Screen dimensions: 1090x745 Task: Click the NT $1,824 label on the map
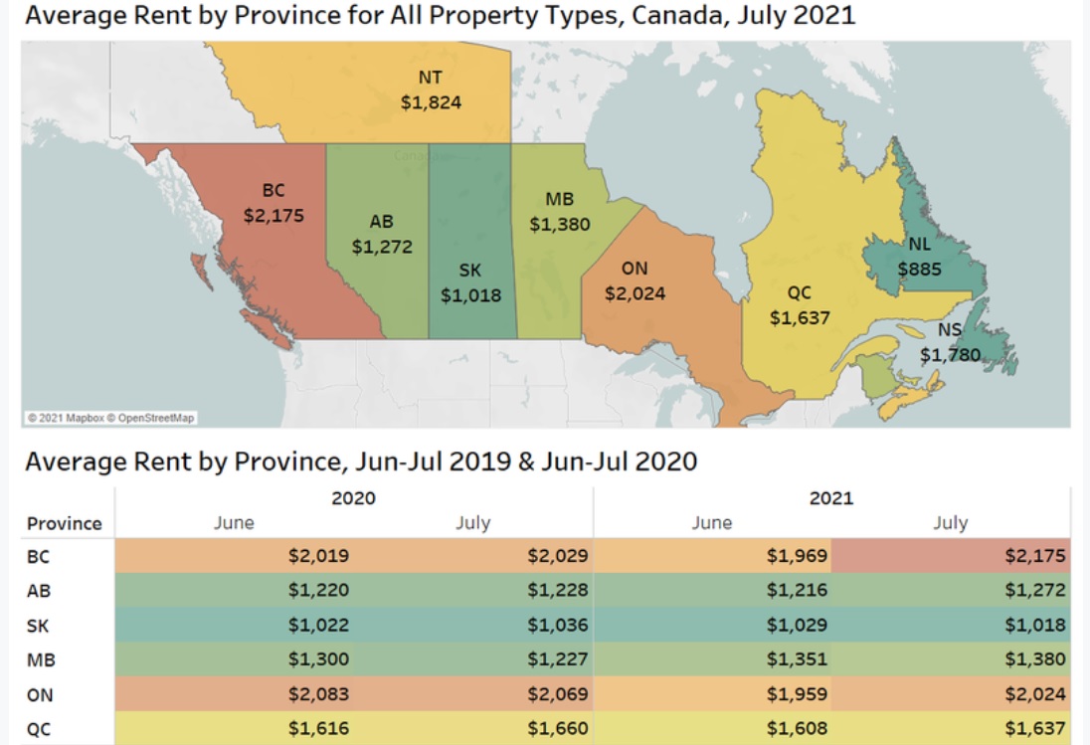point(431,90)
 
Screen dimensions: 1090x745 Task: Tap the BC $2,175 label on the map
point(273,203)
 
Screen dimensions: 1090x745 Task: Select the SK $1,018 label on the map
point(470,282)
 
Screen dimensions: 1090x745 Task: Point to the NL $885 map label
point(919,257)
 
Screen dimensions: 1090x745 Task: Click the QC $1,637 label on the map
point(800,305)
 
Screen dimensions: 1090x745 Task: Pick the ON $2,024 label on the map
point(635,280)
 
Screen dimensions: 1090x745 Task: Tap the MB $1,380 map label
point(560,211)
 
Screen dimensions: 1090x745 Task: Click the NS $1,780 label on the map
point(951,342)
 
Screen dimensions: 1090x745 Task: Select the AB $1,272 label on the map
point(382,234)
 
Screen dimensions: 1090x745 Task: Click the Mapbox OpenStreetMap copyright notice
point(111,418)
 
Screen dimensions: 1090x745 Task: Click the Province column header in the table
point(64,523)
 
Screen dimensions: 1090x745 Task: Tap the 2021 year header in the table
point(831,498)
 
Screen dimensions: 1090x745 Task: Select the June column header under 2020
point(234,522)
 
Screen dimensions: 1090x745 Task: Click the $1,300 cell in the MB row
point(318,658)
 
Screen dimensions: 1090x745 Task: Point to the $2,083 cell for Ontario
point(318,693)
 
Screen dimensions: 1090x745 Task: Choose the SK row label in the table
point(38,626)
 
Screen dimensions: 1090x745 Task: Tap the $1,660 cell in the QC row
point(558,728)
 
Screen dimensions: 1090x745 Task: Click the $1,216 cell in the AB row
point(797,590)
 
